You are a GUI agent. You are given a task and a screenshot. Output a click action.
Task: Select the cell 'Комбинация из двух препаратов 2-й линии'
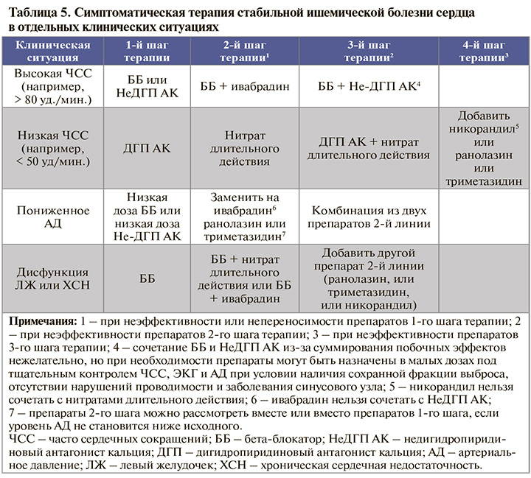pos(369,217)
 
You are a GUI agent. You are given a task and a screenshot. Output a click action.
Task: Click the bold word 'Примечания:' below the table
pos(44,322)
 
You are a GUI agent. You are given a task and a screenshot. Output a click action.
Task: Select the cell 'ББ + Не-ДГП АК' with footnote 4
pos(368,86)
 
